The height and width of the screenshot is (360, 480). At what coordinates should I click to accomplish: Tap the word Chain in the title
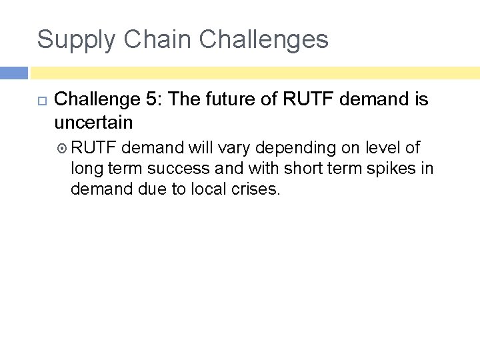tap(151, 39)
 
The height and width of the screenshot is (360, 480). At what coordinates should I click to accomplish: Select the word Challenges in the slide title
tap(263, 39)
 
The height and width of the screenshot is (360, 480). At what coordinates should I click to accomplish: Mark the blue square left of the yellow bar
tap(13, 73)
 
